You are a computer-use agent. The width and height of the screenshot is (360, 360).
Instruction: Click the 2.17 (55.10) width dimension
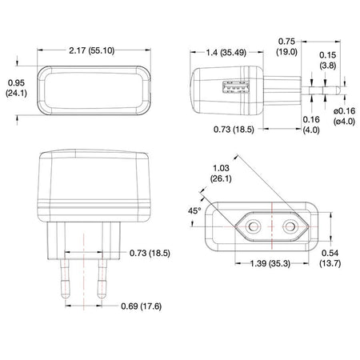(x=92, y=50)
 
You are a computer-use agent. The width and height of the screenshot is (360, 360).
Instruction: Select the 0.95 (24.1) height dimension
(x=16, y=88)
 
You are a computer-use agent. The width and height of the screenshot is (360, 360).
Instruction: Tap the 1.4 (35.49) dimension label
(x=226, y=52)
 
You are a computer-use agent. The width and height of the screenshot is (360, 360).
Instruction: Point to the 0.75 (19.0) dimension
(x=286, y=46)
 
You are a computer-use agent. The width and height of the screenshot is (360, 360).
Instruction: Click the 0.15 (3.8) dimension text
(x=328, y=60)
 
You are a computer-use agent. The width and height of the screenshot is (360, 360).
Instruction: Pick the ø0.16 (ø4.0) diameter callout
(x=345, y=116)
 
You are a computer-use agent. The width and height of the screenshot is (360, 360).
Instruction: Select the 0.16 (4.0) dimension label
(x=311, y=125)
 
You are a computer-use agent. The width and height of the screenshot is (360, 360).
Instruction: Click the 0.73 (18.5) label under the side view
(x=234, y=130)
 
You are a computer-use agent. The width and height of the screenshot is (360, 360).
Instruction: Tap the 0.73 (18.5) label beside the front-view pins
(x=150, y=253)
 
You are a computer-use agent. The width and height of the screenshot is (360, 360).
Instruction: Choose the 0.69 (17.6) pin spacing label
(x=142, y=306)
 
